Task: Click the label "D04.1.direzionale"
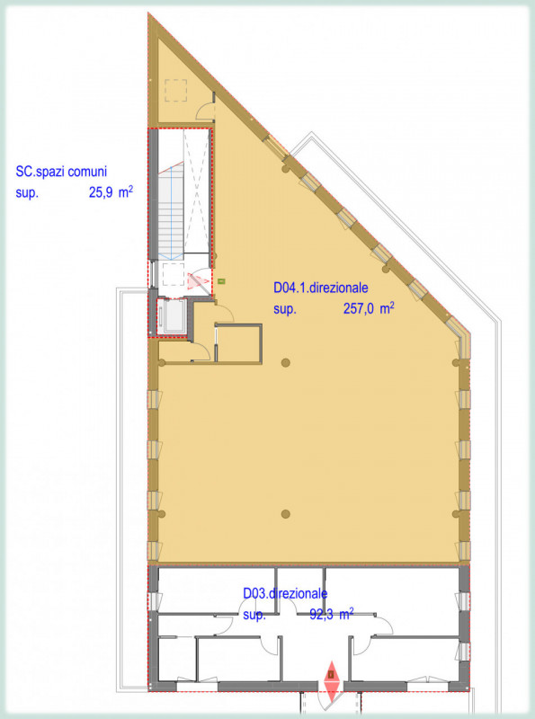[x=321, y=289]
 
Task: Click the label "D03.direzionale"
[x=285, y=593]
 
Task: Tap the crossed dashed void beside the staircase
[x=198, y=193]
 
